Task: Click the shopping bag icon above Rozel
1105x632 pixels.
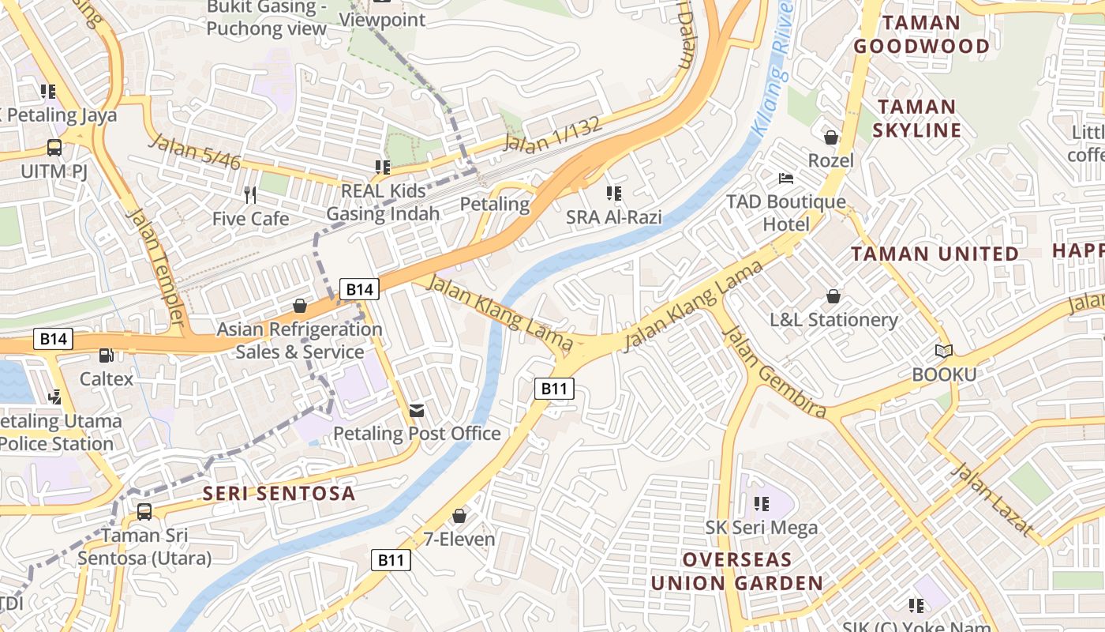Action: click(831, 138)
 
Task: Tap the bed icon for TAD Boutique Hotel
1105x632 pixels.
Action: click(786, 178)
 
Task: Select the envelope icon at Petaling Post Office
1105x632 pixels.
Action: click(416, 410)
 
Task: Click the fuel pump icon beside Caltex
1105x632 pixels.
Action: click(106, 355)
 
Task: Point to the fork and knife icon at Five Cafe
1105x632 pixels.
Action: click(250, 195)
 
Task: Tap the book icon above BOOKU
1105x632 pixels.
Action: click(943, 351)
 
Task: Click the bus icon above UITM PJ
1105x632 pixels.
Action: click(54, 148)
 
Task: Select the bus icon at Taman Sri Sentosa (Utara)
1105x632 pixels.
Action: click(144, 511)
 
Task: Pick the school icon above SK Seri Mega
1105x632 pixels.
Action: click(762, 503)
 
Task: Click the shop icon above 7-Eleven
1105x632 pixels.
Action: click(459, 516)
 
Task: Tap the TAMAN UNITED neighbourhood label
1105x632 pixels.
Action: click(935, 254)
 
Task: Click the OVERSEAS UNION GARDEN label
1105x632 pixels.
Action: click(736, 572)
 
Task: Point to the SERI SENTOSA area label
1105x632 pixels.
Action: click(279, 494)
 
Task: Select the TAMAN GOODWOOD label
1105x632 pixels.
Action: click(921, 34)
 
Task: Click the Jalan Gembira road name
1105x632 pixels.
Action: click(774, 371)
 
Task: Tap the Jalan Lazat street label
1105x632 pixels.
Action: click(991, 498)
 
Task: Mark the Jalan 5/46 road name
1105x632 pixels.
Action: click(194, 152)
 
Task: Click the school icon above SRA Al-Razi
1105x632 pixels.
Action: click(613, 194)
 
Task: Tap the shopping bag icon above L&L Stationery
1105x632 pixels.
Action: click(833, 297)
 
